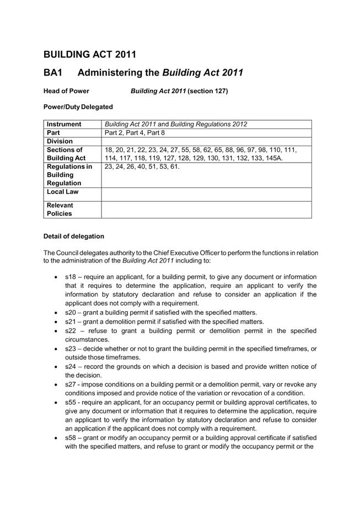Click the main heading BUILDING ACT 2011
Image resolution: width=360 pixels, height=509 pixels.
[x=89, y=54]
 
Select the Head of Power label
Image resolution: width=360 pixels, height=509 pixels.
[x=66, y=91]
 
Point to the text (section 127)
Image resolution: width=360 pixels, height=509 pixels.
[x=207, y=91]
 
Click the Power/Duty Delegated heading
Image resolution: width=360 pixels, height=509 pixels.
[x=78, y=106]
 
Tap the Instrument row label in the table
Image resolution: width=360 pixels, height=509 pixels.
[x=64, y=124]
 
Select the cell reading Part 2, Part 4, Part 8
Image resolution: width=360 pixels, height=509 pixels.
[x=135, y=133]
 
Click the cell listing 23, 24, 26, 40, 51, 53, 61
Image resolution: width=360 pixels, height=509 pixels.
[x=142, y=167]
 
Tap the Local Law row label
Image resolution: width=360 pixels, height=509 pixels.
[x=63, y=191]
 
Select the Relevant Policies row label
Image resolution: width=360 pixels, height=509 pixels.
[x=60, y=209]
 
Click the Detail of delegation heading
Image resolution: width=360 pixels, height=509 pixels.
[x=73, y=236]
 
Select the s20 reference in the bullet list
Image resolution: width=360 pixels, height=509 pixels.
[x=71, y=312]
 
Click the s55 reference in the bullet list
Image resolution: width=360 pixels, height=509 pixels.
[x=71, y=403]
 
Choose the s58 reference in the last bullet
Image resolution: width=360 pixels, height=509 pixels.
[x=71, y=438]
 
